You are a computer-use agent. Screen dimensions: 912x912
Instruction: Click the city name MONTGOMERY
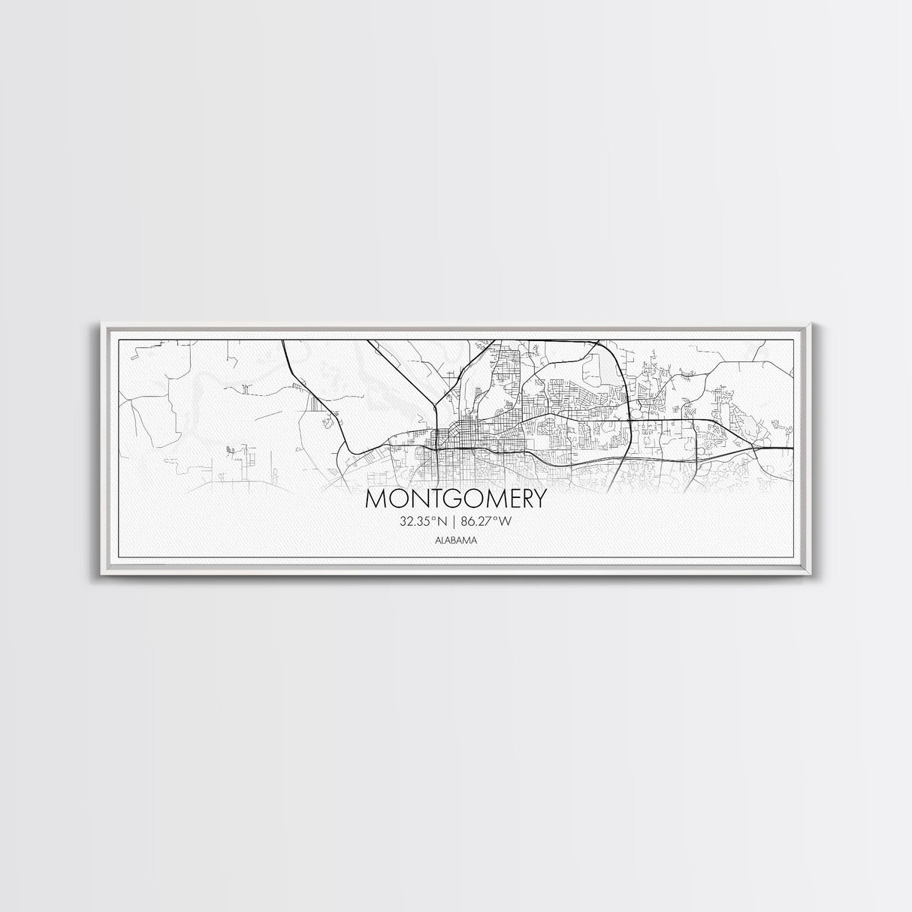[x=456, y=500]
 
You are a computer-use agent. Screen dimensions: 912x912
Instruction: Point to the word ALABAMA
[x=456, y=539]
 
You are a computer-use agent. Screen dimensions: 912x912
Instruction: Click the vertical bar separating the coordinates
[x=456, y=521]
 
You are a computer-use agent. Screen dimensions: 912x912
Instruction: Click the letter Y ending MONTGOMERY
[x=539, y=500]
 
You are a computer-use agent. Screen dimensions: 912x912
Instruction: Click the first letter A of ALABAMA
[x=437, y=539]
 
